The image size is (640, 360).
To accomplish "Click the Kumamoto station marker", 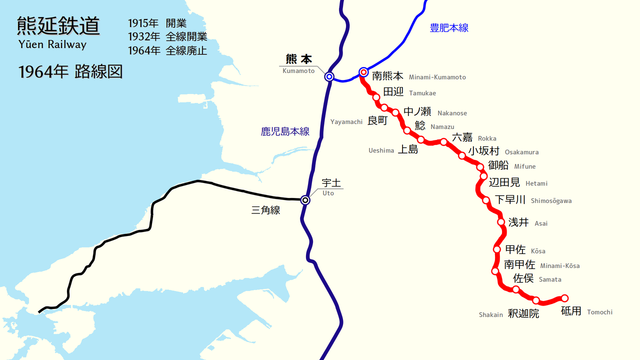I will [x=329, y=76].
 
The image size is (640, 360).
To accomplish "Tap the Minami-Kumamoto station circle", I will [x=363, y=72].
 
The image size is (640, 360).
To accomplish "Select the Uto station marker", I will [x=305, y=200].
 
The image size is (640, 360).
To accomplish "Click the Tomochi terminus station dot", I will [x=565, y=298].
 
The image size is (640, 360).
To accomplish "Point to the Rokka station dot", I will [x=443, y=142].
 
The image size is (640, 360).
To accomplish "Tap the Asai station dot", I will [x=500, y=222].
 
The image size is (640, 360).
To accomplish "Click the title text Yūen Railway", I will [x=52, y=44].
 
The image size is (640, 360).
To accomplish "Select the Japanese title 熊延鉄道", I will [x=58, y=25].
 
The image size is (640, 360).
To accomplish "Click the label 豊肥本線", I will [x=449, y=28].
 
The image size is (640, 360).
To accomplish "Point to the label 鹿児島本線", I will [x=285, y=131].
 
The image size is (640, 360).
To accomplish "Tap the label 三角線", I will [x=265, y=210].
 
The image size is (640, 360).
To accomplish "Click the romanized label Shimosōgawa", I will [x=551, y=201].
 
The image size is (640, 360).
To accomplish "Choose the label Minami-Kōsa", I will [x=559, y=266].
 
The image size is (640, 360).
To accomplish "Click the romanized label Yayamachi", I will [x=346, y=122].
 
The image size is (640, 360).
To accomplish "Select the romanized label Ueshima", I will [x=381, y=150].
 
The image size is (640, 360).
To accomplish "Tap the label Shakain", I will [x=490, y=314].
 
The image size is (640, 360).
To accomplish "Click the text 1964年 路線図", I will [x=70, y=72].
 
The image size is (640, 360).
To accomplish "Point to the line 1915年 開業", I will [x=157, y=23].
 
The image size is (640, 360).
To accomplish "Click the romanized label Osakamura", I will [x=521, y=152].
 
